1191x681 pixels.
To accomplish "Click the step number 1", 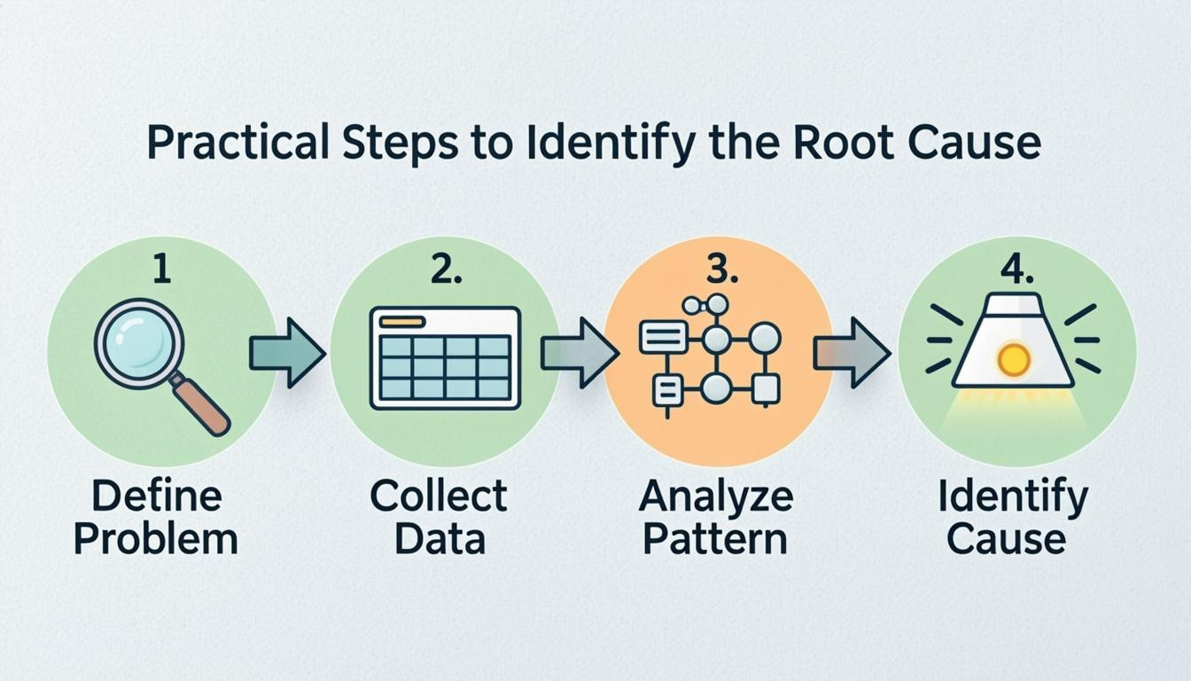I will pyautogui.click(x=161, y=270).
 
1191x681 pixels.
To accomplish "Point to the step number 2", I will pyautogui.click(x=445, y=270).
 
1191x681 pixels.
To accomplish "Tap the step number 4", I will pyautogui.click(x=1016, y=270).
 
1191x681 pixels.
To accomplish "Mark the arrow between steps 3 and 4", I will pyautogui.click(x=852, y=352).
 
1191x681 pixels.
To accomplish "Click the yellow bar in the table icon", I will pyautogui.click(x=402, y=321).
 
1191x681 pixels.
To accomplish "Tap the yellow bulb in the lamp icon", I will pyautogui.click(x=1013, y=358).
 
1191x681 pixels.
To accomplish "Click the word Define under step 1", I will pyautogui.click(x=156, y=497).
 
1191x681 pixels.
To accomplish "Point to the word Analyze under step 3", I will pyautogui.click(x=715, y=497).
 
